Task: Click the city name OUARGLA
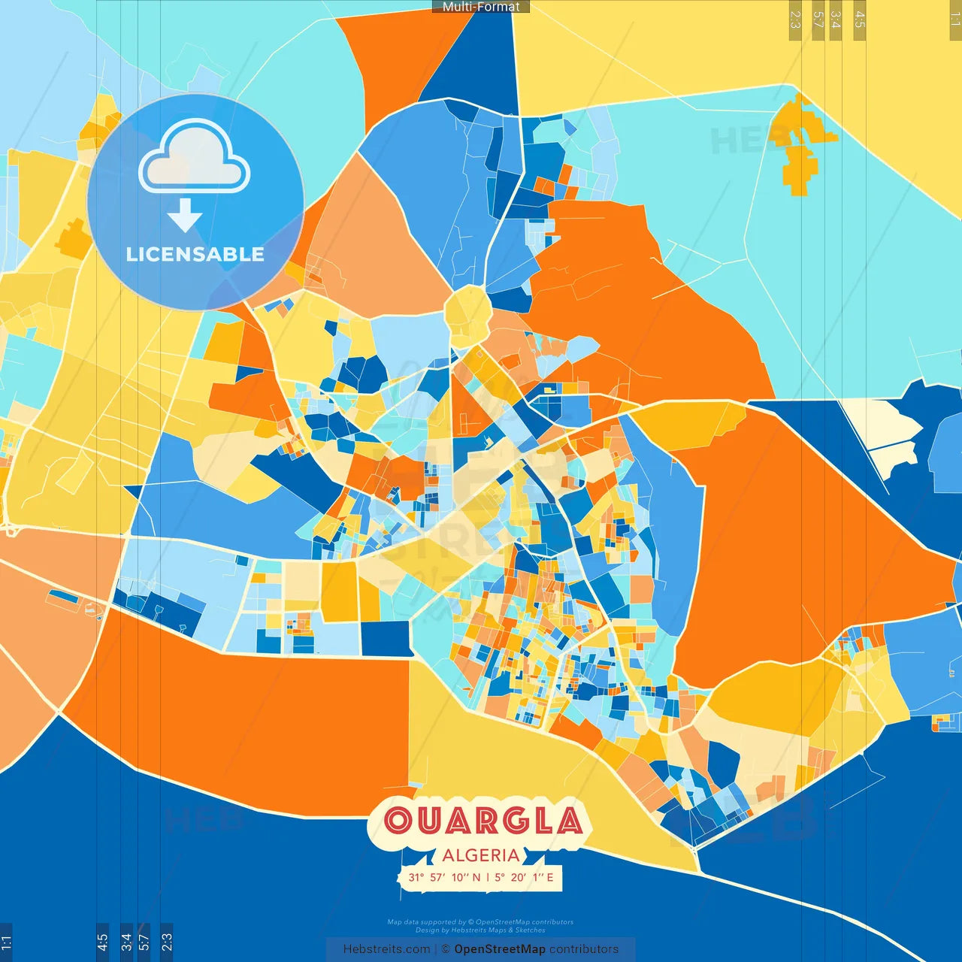[483, 820]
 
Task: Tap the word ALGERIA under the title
[481, 855]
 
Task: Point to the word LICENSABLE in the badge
[195, 255]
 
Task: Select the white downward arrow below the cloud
[185, 215]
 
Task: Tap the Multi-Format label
[481, 7]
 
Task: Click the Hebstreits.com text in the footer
[386, 949]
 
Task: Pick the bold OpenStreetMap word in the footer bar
[499, 949]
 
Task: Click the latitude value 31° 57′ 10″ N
[444, 877]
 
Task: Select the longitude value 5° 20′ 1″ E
[524, 877]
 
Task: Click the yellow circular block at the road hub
[467, 316]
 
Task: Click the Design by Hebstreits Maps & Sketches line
[480, 930]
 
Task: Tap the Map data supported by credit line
[480, 922]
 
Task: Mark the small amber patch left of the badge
[73, 239]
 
